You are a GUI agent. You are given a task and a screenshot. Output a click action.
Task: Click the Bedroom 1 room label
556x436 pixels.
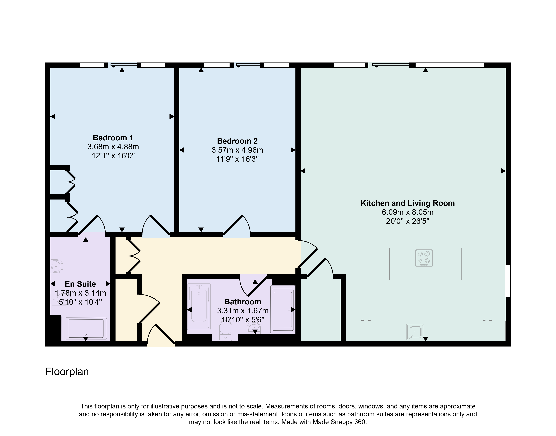(113, 138)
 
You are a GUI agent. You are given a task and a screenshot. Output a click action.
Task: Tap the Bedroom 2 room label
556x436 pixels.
(237, 141)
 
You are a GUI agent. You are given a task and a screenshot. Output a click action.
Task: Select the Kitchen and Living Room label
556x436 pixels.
(408, 203)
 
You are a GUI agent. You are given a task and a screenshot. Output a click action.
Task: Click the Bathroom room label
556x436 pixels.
(243, 302)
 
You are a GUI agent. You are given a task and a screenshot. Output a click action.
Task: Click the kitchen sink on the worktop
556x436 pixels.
(415, 332)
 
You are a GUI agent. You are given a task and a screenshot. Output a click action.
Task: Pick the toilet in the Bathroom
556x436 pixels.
(226, 331)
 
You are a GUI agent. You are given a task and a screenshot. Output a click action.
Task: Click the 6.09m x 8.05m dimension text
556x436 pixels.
(408, 212)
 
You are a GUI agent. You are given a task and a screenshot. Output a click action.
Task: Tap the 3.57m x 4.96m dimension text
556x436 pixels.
(237, 150)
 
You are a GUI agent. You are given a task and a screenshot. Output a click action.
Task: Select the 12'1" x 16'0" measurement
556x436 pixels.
(113, 156)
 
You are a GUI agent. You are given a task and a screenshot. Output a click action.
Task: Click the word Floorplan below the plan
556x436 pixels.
(67, 372)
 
